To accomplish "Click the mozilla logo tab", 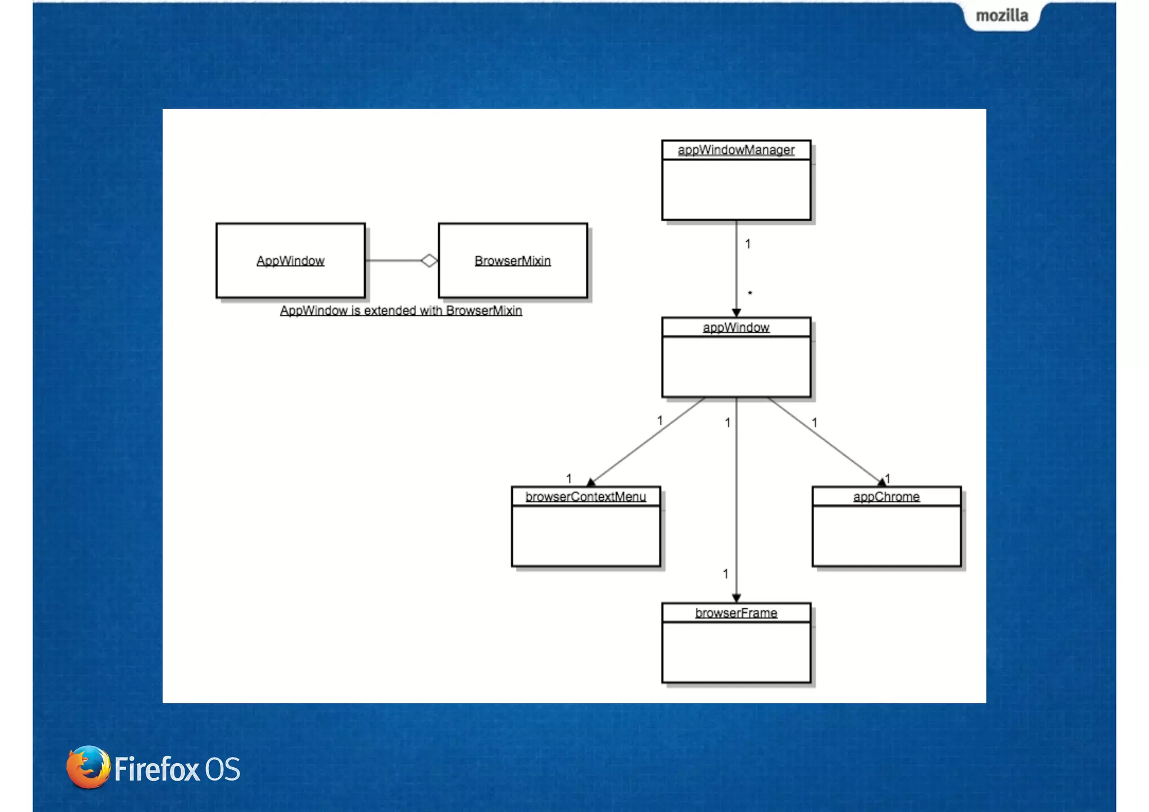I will pos(1001,16).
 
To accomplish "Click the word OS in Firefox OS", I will pos(223,769).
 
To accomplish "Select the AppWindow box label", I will pos(290,261).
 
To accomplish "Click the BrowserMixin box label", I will pos(512,261).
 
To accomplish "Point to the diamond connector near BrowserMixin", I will pos(429,260).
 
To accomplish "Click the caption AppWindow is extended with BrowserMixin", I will pos(401,310).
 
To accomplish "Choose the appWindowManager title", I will pos(736,150).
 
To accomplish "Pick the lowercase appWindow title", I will pos(736,327).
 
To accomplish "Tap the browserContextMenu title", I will pos(585,497).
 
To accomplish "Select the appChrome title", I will pos(886,497).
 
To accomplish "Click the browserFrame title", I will pos(736,613).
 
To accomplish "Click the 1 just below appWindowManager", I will pos(748,244).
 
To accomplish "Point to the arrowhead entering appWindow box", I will pos(736,313).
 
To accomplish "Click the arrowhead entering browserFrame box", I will pos(736,598).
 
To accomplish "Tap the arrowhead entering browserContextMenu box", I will pos(591,482).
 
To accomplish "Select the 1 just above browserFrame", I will pos(725,574).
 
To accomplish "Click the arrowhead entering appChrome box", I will pos(881,482).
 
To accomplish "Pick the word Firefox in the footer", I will pos(157,769).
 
